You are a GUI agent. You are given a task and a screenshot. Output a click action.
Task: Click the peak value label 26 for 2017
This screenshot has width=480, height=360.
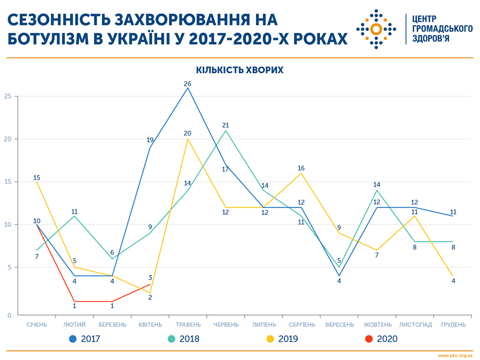click(187, 83)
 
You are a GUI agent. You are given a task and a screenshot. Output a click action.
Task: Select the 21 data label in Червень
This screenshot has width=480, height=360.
click(225, 125)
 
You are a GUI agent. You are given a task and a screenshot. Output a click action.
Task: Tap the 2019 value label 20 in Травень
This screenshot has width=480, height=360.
click(187, 133)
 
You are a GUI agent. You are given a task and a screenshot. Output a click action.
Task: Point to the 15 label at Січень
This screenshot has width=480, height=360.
click(37, 177)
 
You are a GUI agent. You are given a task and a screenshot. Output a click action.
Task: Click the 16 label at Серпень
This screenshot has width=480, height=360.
click(301, 168)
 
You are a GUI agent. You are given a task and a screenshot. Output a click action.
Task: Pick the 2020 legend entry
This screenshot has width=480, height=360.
click(381, 339)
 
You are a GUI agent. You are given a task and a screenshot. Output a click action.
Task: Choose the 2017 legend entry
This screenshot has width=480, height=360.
click(84, 339)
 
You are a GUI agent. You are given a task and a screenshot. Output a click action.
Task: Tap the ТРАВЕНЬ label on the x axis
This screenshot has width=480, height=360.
click(188, 324)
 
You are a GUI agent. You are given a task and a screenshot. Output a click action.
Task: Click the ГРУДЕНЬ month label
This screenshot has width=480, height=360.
click(452, 324)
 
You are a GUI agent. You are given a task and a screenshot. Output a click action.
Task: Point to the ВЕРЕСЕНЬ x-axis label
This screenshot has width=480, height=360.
click(339, 324)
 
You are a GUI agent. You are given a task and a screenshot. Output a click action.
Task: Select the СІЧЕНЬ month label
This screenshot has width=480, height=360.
click(36, 324)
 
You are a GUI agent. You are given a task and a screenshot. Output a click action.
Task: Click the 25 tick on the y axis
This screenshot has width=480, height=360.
click(7, 96)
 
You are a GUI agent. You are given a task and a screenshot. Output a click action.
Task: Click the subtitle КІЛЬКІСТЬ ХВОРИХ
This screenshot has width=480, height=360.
click(239, 70)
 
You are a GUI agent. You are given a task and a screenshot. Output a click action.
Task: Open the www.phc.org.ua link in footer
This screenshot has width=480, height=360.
click(455, 355)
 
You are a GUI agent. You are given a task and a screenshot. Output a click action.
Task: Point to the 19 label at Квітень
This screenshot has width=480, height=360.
click(150, 140)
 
